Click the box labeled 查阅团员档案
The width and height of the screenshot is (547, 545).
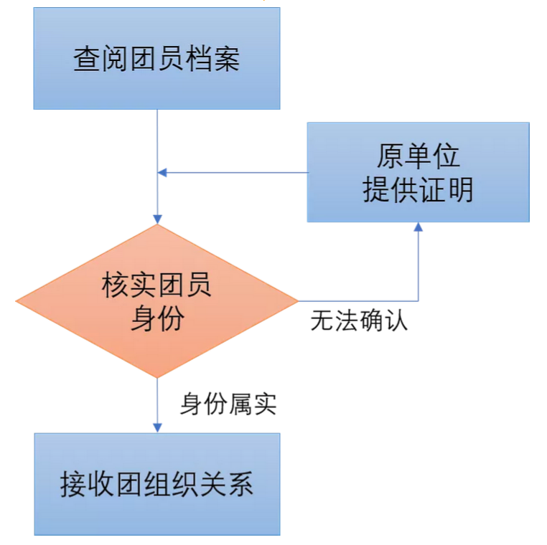click(x=156, y=59)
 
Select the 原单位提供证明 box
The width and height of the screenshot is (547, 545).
click(x=418, y=172)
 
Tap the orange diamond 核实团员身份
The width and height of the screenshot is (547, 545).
click(x=156, y=301)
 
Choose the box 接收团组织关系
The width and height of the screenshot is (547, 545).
click(x=156, y=484)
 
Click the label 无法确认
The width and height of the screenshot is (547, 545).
click(x=359, y=320)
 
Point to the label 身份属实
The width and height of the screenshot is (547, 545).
click(x=228, y=405)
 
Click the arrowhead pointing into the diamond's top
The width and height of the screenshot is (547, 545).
click(x=157, y=219)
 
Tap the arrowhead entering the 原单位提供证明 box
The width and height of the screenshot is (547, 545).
click(x=419, y=227)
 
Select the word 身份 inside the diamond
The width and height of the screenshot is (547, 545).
click(x=156, y=318)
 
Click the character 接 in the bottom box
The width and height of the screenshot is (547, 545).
click(x=73, y=484)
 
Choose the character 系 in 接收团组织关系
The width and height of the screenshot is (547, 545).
click(x=240, y=484)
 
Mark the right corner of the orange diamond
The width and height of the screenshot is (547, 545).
click(x=296, y=301)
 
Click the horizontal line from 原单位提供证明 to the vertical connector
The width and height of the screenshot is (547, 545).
click(x=237, y=173)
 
